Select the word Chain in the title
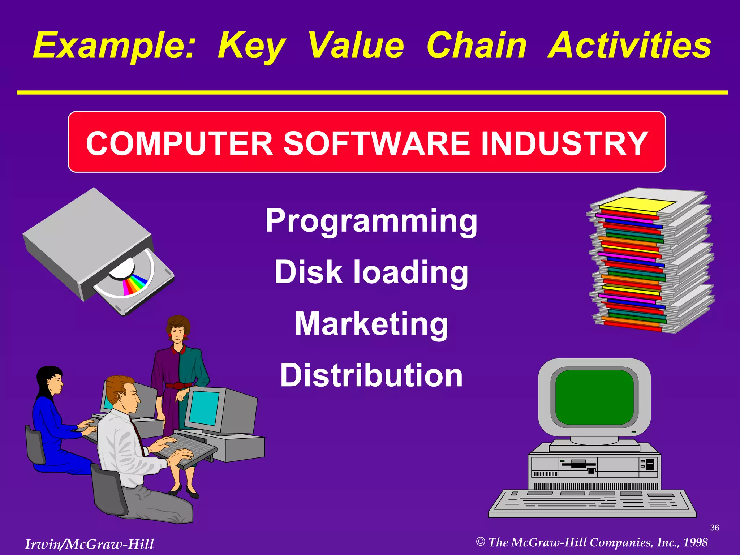click(x=477, y=46)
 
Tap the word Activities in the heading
click(x=629, y=46)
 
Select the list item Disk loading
click(x=371, y=272)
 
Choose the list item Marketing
click(x=371, y=324)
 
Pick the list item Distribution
click(x=371, y=375)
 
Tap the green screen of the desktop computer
click(x=594, y=397)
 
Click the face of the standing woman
click(x=177, y=333)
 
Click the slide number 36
click(x=714, y=528)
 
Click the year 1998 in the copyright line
click(x=695, y=542)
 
